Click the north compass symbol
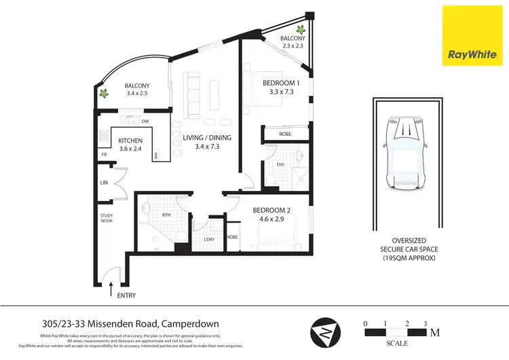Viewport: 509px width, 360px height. pos(322,334)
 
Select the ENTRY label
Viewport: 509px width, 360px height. pos(126,296)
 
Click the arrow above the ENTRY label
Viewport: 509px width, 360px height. pos(111,289)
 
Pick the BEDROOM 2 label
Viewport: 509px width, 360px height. pos(272,211)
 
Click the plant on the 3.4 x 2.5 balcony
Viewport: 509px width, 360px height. pos(105,94)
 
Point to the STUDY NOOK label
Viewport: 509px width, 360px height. pos(106,219)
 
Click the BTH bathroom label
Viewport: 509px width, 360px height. pos(165,216)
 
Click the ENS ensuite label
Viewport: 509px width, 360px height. pos(280,164)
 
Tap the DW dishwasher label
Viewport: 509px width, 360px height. pos(145,122)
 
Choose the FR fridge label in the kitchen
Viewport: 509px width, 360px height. pos(104,154)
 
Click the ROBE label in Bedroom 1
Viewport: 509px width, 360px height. pos(285,134)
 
